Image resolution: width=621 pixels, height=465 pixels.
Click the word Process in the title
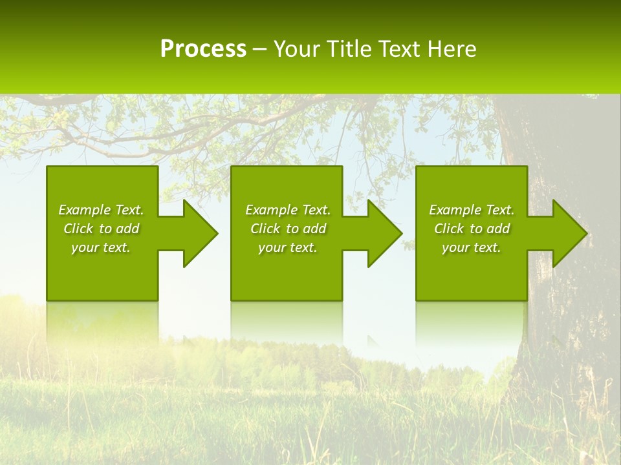click(203, 49)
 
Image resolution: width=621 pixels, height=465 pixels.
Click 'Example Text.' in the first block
click(101, 210)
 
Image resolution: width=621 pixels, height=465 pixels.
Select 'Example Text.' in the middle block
click(287, 210)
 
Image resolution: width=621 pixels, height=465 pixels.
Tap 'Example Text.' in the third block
click(472, 210)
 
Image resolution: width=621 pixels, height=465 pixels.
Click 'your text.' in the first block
click(101, 247)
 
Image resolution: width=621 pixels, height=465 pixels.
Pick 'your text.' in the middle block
click(287, 247)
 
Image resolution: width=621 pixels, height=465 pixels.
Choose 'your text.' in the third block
click(472, 247)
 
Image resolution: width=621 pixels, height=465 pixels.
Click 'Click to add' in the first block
click(101, 229)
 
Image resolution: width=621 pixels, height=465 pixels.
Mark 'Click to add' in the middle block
click(287, 229)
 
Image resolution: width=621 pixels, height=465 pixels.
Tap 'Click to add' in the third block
click(472, 229)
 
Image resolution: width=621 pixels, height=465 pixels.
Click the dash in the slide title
click(259, 50)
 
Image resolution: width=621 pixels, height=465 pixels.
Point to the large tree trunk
click(569, 310)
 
